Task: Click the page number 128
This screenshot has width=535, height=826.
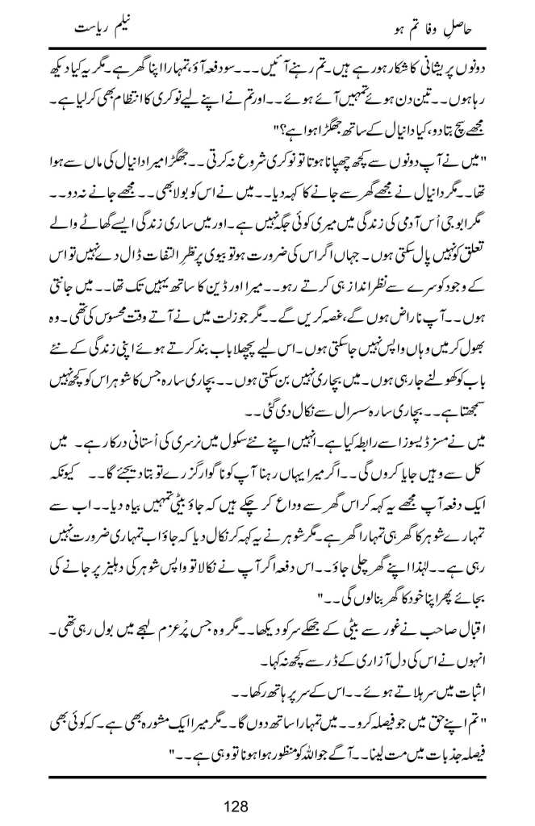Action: [267, 805]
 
